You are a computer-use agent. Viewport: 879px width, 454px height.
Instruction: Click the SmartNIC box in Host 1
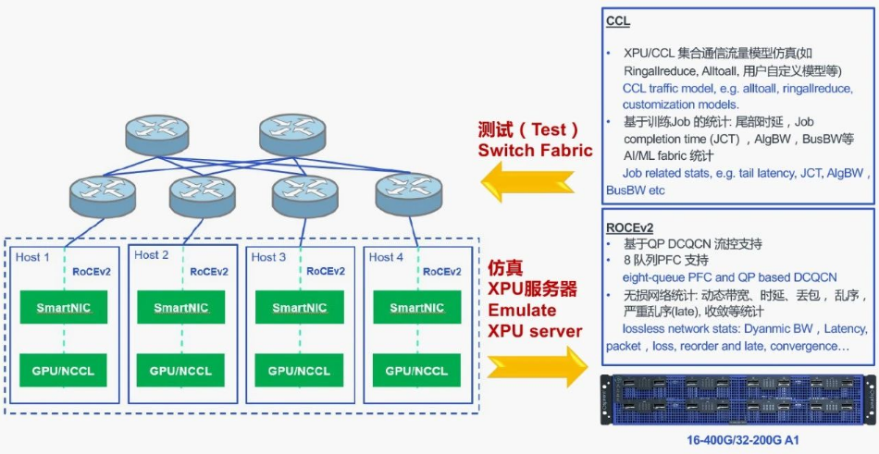coord(63,307)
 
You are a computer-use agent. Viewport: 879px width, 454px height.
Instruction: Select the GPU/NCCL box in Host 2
coord(180,370)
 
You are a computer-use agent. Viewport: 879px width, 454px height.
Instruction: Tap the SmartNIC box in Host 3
coord(298,307)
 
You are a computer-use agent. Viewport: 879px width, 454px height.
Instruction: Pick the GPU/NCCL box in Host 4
coord(415,370)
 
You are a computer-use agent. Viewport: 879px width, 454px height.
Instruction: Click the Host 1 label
coord(33,256)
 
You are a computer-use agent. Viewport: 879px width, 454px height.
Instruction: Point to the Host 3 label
coord(270,256)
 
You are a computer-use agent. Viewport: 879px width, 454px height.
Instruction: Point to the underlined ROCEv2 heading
coord(631,227)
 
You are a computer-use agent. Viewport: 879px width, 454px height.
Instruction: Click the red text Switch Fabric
coord(535,150)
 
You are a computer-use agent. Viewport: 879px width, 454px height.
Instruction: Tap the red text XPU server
coord(535,330)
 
